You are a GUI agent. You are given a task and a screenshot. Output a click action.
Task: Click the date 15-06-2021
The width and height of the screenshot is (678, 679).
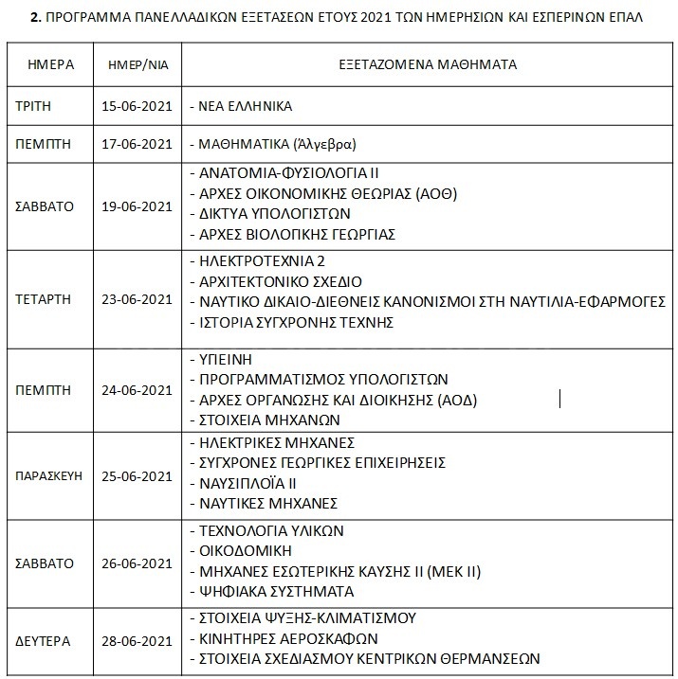[137, 106]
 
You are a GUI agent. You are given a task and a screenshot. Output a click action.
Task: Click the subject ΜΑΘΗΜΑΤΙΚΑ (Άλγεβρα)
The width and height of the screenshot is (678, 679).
[278, 145]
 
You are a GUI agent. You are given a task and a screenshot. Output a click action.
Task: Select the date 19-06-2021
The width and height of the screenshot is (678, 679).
[137, 206]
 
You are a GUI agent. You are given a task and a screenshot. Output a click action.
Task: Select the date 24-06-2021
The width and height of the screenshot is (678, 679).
[137, 389]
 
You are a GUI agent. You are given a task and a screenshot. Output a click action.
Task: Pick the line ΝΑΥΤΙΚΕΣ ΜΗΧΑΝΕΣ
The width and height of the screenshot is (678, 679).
[268, 503]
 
